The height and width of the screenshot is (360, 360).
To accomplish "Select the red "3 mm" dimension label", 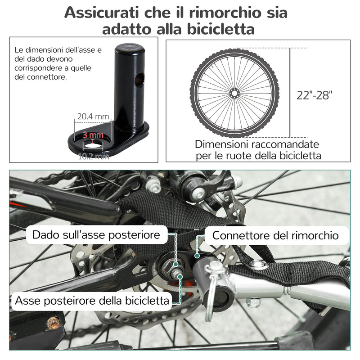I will point(93,135).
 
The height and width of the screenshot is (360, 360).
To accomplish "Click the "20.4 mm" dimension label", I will point(93,117).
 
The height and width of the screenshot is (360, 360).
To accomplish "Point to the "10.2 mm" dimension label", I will point(93,157).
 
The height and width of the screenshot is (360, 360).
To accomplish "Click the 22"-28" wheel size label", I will point(314,95).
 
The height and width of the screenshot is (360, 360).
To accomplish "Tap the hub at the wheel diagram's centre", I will point(234,93).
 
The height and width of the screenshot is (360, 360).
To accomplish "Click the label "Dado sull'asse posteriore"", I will point(96,235).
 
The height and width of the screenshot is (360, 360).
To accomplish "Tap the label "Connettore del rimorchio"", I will point(275,235).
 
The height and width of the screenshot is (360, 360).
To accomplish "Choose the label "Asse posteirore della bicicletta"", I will point(93,300).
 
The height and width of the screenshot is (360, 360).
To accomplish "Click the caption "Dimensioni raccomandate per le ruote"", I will point(257,150).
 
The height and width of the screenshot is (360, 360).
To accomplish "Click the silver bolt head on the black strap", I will point(258,263).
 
